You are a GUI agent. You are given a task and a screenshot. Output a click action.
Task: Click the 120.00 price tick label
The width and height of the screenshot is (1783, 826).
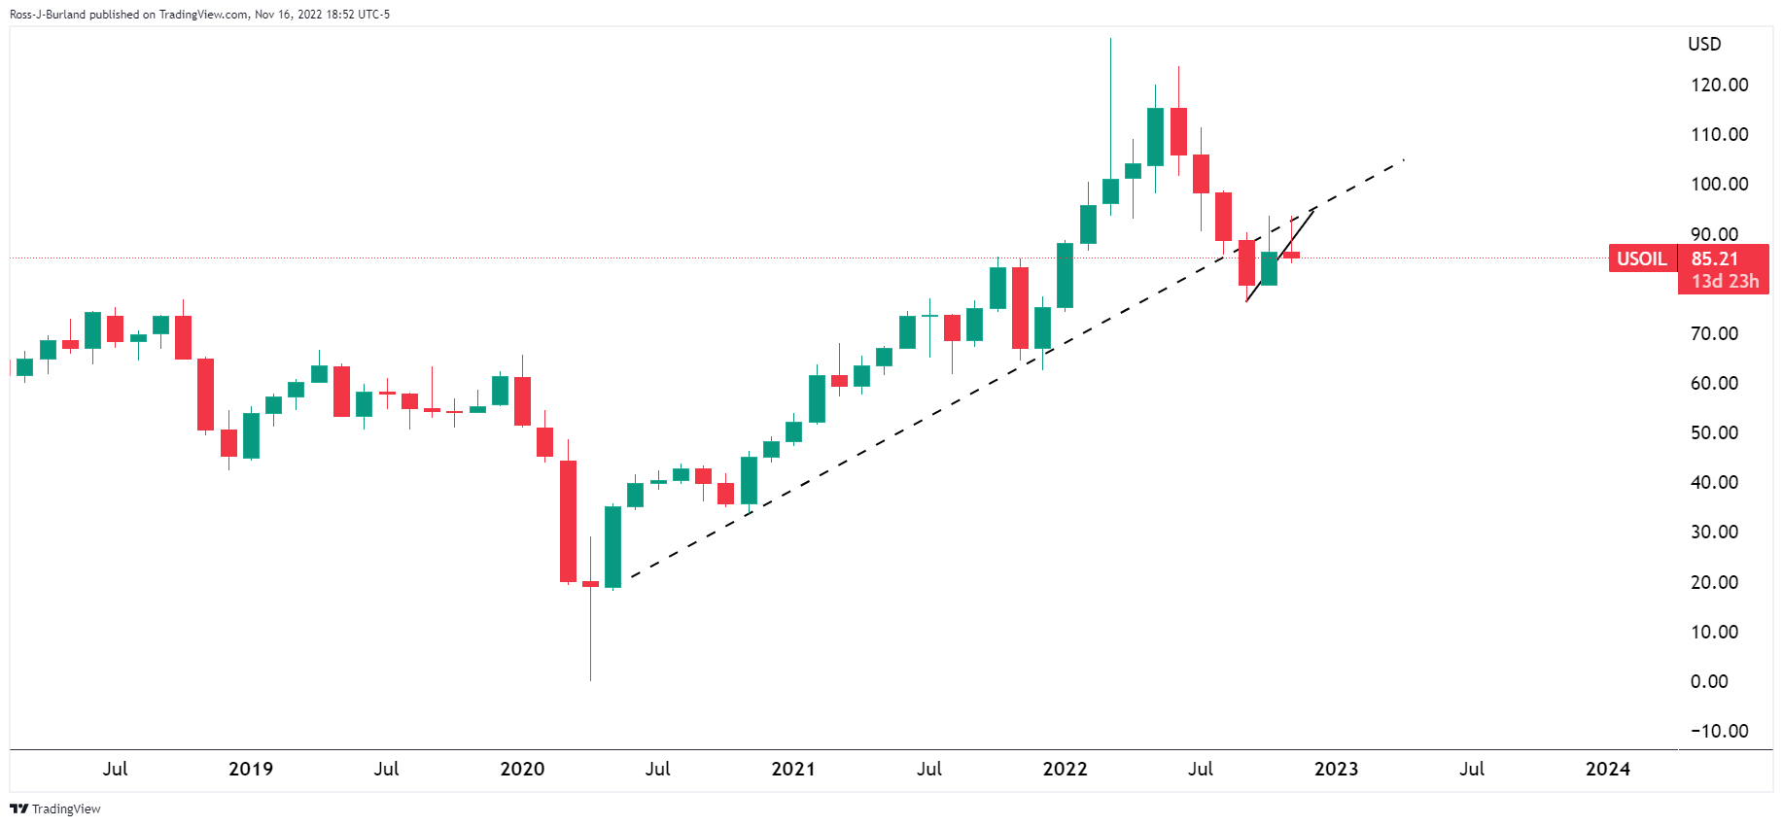tap(1719, 85)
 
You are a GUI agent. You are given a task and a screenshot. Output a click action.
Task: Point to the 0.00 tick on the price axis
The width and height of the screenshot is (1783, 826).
tap(1709, 681)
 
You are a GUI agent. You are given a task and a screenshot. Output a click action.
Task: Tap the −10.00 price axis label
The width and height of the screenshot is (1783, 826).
tap(1719, 731)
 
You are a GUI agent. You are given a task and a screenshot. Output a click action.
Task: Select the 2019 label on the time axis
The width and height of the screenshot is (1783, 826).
tap(251, 769)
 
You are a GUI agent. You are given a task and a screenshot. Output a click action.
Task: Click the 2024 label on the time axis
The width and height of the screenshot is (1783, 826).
tap(1608, 769)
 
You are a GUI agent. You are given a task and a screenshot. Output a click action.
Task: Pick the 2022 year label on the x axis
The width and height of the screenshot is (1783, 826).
tap(1065, 769)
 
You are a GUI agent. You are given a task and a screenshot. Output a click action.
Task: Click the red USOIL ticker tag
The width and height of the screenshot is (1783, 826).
tap(1642, 258)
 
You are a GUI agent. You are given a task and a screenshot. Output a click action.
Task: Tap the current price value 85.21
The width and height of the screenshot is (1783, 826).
tap(1715, 258)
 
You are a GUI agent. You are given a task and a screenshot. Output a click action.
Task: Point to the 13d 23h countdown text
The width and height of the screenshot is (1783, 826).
tap(1725, 282)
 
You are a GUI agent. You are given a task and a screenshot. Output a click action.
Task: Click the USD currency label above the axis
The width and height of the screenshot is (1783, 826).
tap(1704, 44)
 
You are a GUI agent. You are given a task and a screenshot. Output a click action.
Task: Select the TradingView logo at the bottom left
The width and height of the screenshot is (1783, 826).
tap(55, 809)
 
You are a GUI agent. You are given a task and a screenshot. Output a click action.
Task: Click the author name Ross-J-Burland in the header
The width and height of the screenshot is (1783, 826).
tap(48, 15)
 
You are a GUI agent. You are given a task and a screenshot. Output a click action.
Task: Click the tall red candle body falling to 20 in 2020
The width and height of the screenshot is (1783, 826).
tap(568, 521)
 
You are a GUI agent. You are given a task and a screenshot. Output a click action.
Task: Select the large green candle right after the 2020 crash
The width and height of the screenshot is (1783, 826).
tap(612, 546)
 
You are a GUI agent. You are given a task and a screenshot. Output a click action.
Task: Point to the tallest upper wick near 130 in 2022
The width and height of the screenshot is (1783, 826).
tap(1110, 97)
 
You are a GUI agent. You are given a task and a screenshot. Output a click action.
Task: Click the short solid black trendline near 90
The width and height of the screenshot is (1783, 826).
tap(1281, 254)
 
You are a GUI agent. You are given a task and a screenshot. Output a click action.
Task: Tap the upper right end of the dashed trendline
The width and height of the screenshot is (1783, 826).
tap(1403, 160)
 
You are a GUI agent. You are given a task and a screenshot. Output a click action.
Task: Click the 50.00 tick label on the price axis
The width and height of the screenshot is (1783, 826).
tap(1715, 432)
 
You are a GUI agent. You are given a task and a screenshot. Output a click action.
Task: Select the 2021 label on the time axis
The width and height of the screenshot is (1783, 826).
tap(793, 769)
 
